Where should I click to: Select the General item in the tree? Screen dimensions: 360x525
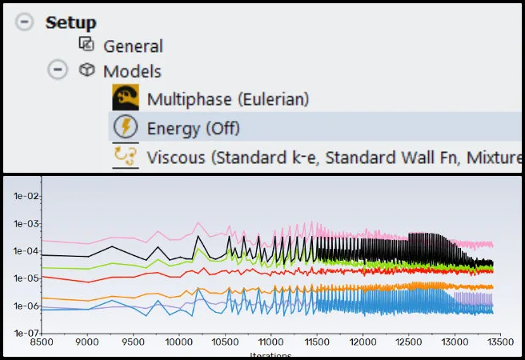(132, 46)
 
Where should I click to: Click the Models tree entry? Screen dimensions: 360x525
(131, 71)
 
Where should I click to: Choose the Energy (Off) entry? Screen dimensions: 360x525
(193, 128)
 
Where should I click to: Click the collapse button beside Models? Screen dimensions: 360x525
(57, 70)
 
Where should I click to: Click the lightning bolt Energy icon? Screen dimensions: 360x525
(126, 127)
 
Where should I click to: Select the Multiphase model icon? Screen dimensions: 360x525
(126, 99)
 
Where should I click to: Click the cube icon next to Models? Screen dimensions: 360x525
(86, 70)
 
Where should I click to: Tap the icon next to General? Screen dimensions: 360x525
(86, 45)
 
